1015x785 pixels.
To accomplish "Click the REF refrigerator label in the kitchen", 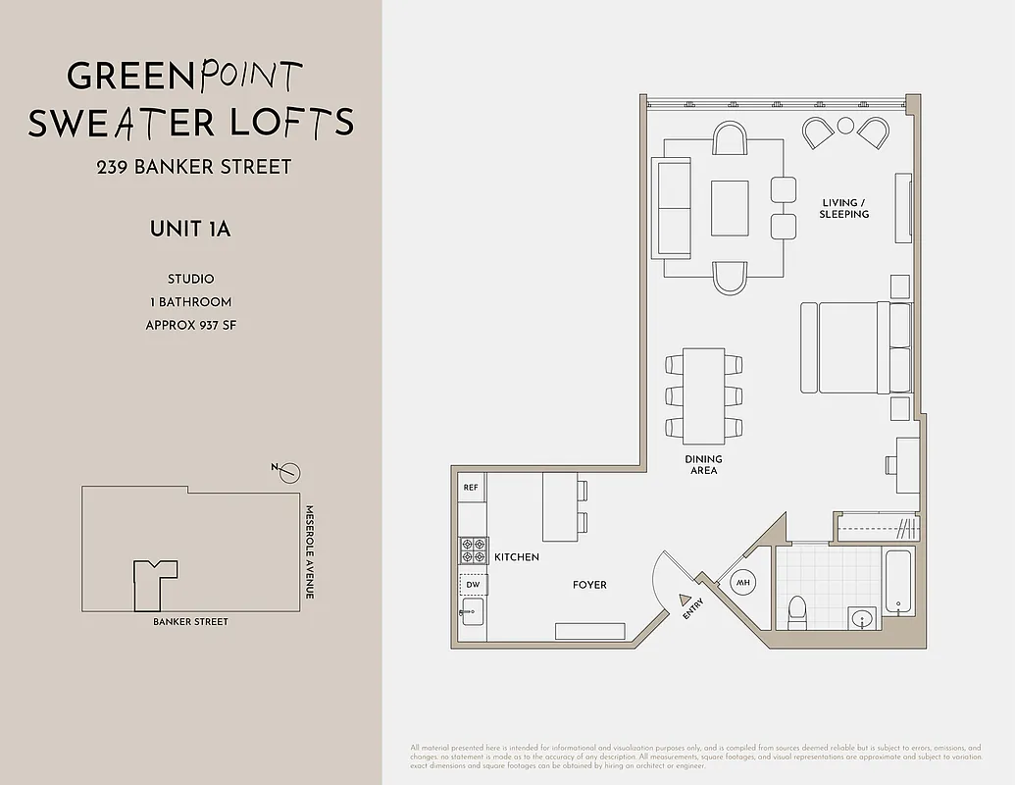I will [x=471, y=488].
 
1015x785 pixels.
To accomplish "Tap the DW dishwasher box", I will [x=472, y=585].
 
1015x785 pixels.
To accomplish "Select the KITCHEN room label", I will [x=517, y=557].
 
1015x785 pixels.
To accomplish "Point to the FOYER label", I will [x=589, y=585].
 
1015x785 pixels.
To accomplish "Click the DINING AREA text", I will [x=703, y=465].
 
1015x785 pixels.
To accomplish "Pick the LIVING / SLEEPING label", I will [x=844, y=208].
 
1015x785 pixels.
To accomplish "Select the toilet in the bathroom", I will [x=797, y=610].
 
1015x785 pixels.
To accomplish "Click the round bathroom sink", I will [x=862, y=619].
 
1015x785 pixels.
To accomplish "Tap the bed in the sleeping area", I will [x=847, y=347].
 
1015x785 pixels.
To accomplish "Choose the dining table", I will [x=703, y=395].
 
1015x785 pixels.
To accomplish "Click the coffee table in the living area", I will [x=729, y=208].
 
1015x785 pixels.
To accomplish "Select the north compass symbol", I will [x=288, y=473].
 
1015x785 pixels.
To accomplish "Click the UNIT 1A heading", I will [x=190, y=230].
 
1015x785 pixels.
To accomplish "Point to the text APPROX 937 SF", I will [x=190, y=325].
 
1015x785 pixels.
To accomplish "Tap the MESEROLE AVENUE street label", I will [x=310, y=552].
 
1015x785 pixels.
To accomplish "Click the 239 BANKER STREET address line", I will [x=193, y=167].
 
